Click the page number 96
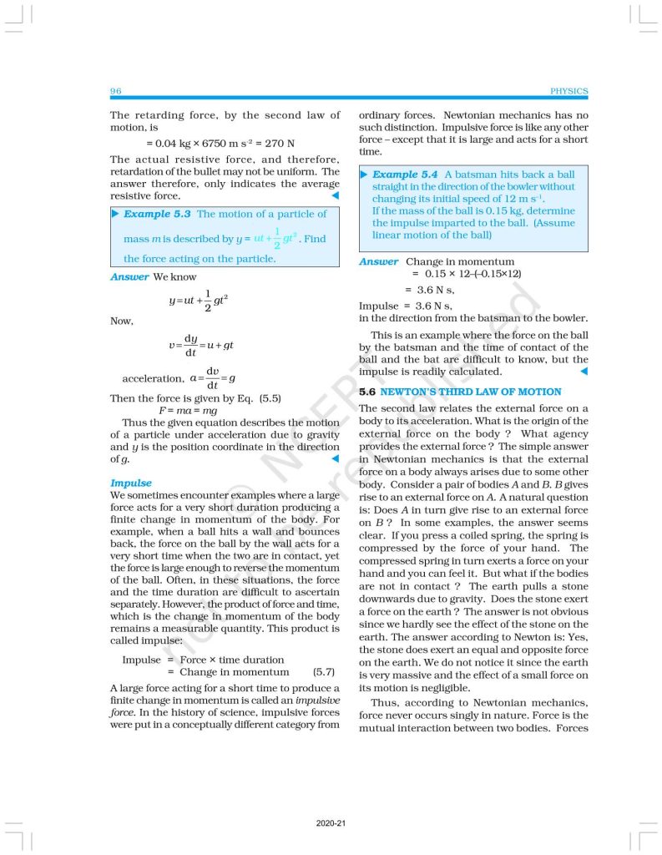click(116, 91)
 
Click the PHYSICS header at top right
click(569, 91)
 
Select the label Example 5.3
click(158, 214)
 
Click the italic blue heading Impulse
click(131, 483)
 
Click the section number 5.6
click(368, 392)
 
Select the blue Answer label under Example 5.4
click(378, 261)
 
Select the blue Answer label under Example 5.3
click(129, 276)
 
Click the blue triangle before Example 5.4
click(365, 175)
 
